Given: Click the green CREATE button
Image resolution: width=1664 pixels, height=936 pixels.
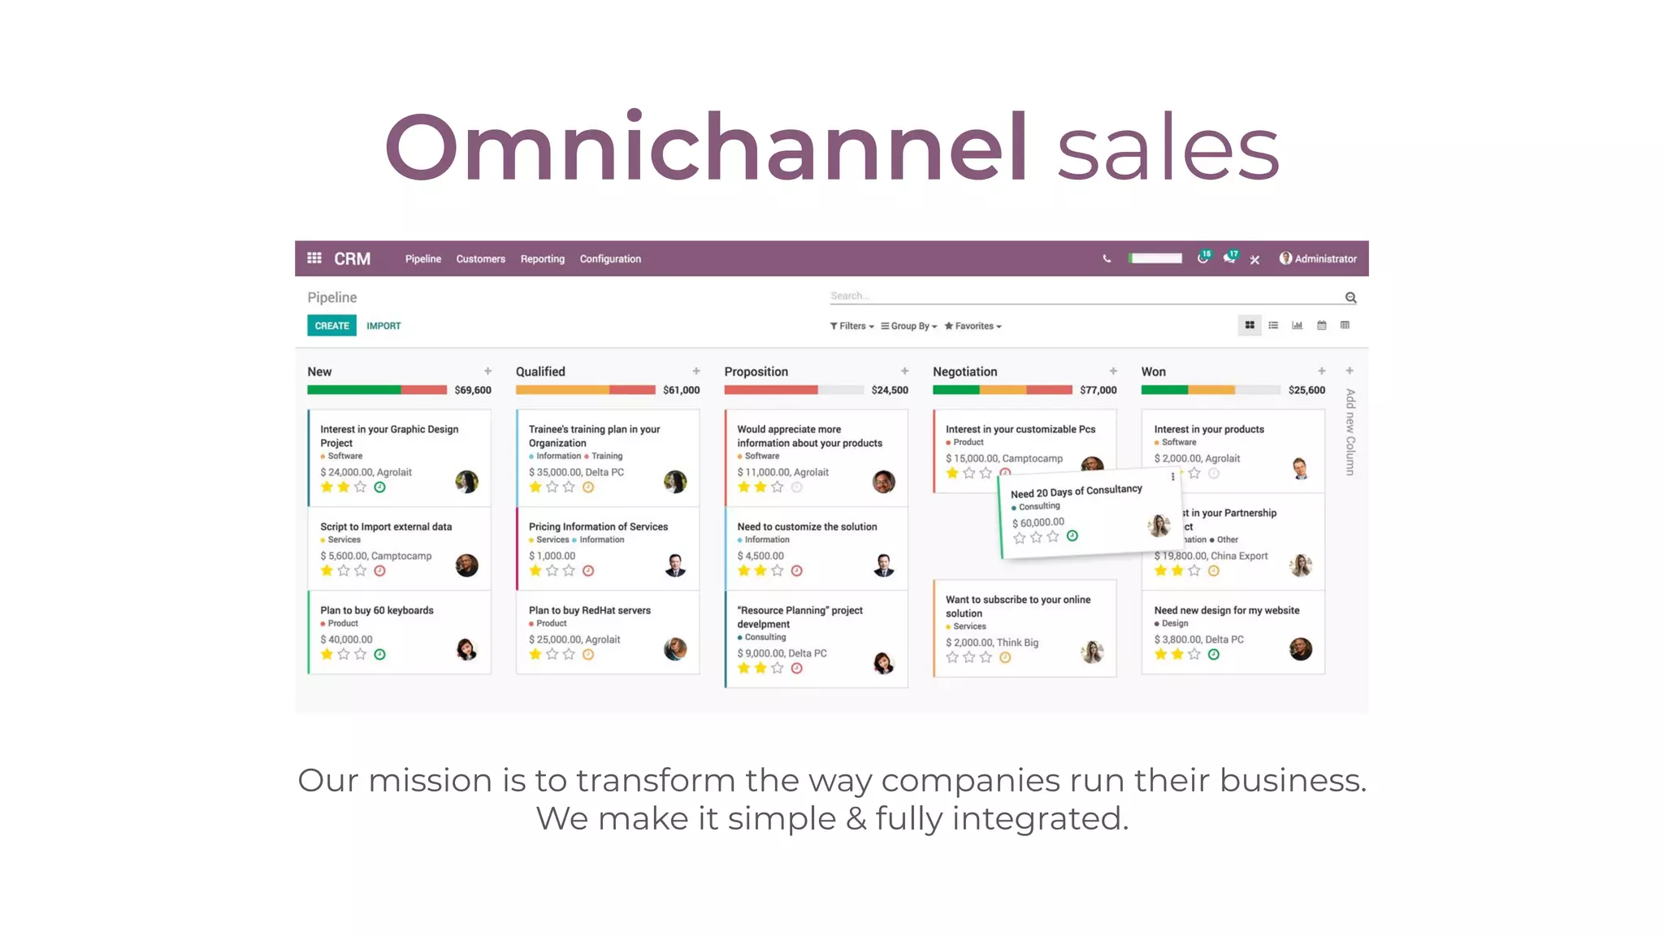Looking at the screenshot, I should point(331,326).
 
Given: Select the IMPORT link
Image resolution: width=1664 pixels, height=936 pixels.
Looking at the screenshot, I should point(383,326).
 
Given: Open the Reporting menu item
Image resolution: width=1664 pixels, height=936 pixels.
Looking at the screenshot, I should point(542,259).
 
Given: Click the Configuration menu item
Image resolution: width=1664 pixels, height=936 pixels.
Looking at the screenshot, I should point(610,259).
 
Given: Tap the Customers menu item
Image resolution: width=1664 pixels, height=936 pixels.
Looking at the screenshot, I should point(480,259).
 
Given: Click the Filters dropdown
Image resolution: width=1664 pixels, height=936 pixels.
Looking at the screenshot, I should point(851,326).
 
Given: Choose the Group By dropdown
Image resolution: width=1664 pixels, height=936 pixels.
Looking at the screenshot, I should point(909,326).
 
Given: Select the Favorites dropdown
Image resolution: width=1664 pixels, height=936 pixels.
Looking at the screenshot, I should point(973,326).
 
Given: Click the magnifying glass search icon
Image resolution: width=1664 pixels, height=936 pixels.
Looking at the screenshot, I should point(1350,298).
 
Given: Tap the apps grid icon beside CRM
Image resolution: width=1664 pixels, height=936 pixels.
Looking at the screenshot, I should point(314,258).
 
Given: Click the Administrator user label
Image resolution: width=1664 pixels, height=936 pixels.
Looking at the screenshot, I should point(1325,259).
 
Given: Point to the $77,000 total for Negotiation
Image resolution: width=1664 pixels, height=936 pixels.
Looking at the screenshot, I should point(1098,390).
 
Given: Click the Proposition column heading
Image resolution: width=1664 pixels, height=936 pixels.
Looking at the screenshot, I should point(756,371).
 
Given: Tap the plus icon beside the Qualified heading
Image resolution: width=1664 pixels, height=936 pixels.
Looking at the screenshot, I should point(696,371).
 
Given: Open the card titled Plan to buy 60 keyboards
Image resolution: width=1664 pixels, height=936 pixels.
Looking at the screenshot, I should point(377,610).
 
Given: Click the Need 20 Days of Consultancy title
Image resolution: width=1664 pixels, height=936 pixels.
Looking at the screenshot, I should point(1076,492).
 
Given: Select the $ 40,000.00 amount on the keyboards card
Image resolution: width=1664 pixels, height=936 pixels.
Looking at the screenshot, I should point(346,639).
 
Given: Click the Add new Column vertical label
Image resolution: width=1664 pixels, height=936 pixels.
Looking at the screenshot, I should point(1350,432).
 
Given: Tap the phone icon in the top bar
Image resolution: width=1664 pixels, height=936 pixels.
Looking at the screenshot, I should point(1107,259).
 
